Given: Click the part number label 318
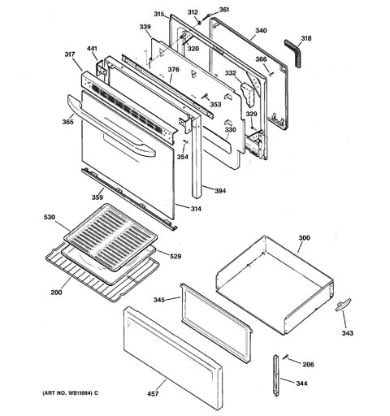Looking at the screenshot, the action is coord(306,38).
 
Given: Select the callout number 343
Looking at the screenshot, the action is coord(347,333).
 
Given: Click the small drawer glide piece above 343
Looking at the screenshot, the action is coord(343,305).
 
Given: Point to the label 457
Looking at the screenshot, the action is coord(153,393).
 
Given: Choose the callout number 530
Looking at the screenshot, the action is coord(50,217).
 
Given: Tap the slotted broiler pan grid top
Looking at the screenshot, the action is coord(110,236).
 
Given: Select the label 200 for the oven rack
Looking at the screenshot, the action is coord(56,292).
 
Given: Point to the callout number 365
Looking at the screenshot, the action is coord(67,122).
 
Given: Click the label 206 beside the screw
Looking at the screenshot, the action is coord(308,364).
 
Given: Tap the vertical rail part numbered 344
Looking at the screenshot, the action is coord(275,375).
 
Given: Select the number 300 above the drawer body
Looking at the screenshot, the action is coord(304,238).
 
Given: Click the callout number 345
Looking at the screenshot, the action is coord(159,300).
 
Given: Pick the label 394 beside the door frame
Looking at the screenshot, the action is coord(220,191).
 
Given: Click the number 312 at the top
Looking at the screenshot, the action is coord(193,12).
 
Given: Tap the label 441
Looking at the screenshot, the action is coord(92,49).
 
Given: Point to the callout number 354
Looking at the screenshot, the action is coord(183,157).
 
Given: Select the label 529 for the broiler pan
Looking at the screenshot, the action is coord(175,256).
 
